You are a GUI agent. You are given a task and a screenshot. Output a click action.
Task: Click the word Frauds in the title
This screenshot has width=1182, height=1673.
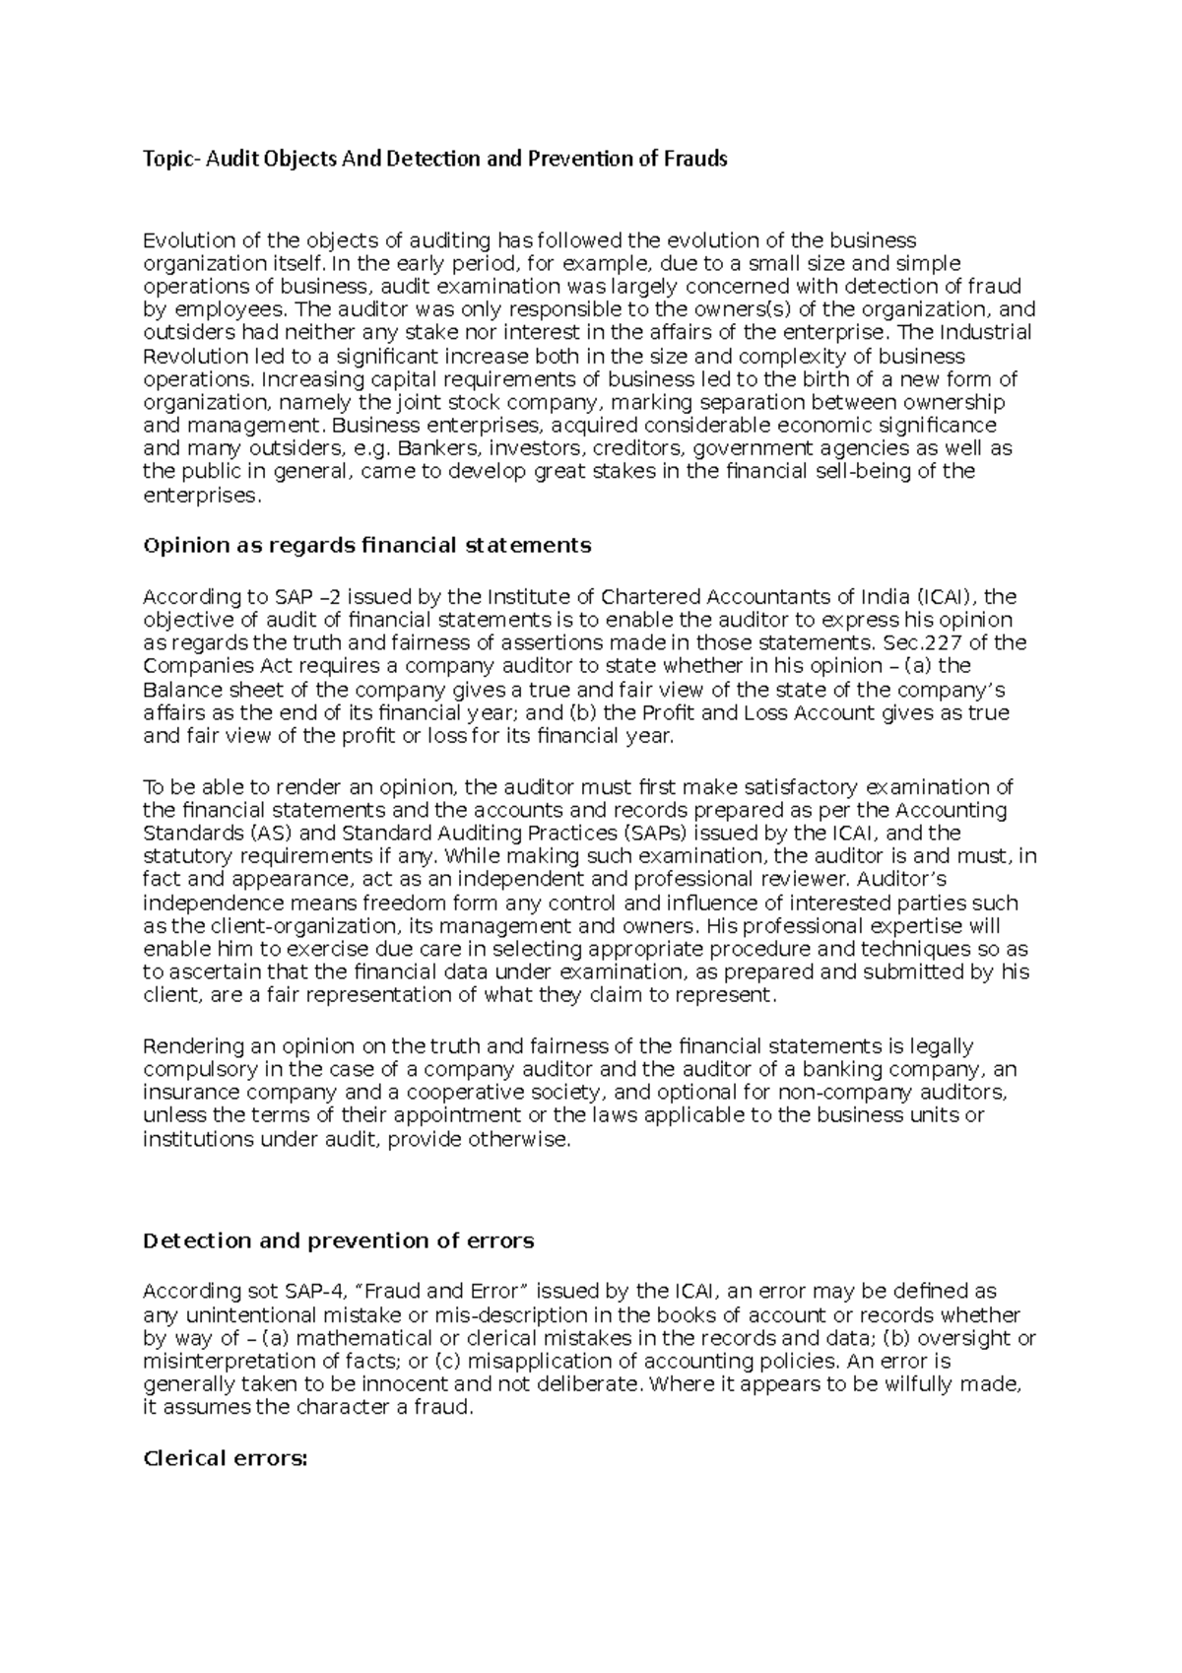tap(695, 158)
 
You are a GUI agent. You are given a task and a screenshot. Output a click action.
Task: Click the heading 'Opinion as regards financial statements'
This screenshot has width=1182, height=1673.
tap(366, 545)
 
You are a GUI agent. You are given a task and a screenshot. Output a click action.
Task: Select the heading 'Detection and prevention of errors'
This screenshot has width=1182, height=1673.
tap(338, 1240)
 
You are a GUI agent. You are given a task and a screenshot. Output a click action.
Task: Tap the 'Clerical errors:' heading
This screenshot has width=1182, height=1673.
tap(226, 1458)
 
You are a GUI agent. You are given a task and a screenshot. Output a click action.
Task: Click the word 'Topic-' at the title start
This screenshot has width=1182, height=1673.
tap(171, 158)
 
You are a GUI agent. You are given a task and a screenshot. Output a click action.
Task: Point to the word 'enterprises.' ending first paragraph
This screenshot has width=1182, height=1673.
tap(203, 495)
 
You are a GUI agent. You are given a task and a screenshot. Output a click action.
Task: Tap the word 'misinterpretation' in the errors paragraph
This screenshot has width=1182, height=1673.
tap(219, 1361)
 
